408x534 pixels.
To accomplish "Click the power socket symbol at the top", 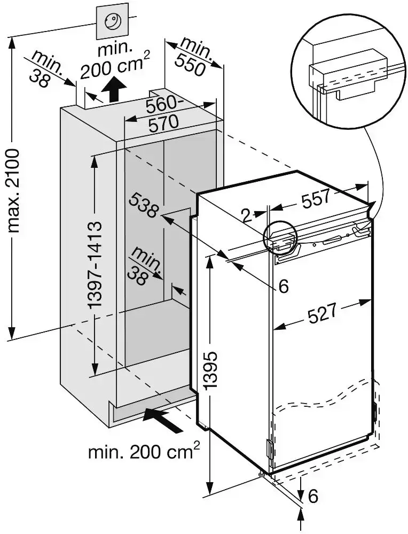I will coord(112,22).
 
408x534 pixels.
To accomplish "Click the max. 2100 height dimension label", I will coord(14,190).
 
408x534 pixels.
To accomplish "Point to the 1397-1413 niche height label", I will coord(95,265).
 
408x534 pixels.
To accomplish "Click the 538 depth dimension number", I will coord(143,206).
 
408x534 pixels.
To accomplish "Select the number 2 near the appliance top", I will coord(246,215).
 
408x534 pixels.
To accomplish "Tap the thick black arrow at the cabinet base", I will coord(166,420).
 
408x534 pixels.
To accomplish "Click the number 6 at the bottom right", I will coord(313,497).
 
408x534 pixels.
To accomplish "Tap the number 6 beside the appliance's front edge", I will coord(283,287).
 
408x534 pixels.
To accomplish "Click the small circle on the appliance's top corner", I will coord(280,238).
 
